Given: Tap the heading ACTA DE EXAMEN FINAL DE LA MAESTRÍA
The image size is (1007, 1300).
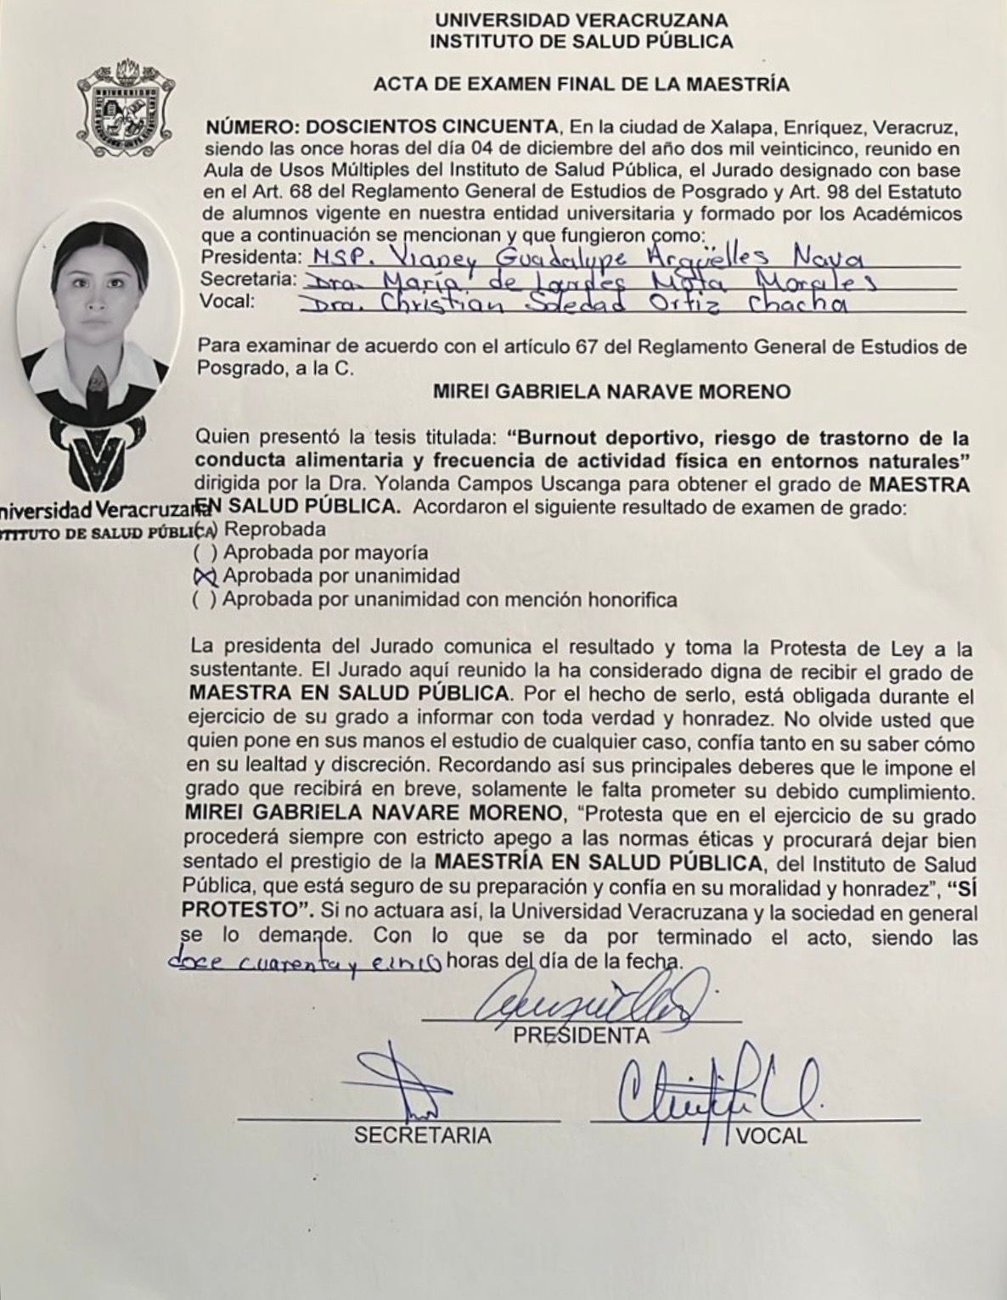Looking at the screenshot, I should point(582,84).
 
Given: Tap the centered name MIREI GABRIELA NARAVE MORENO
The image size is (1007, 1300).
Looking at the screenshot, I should point(611,392).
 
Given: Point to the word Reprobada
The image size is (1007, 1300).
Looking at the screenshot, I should point(274,530).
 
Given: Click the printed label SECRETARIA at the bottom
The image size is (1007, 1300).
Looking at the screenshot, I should point(422,1135).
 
